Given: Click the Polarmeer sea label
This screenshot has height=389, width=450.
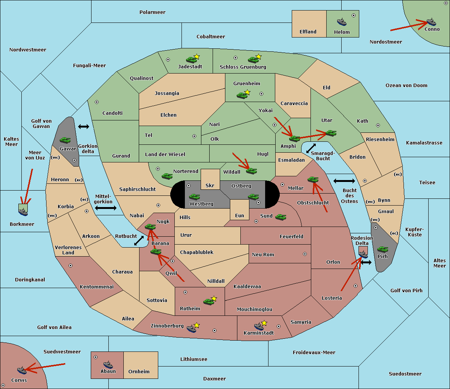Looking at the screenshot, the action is [x=152, y=12].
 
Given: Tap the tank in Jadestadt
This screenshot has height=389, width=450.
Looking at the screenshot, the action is [x=192, y=60].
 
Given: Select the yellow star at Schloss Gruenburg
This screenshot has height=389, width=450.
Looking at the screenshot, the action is [x=258, y=57].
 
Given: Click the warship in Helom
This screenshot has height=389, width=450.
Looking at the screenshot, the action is [x=342, y=22].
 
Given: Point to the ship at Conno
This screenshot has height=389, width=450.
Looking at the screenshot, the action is [x=431, y=22].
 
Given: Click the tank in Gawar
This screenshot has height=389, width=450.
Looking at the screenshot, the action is [x=65, y=140].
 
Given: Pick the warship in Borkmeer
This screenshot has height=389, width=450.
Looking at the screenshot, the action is [x=23, y=212].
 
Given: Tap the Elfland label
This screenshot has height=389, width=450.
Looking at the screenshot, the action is [x=308, y=32].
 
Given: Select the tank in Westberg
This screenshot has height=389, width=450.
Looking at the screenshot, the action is [x=194, y=197].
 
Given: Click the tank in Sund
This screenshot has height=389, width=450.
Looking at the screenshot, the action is [x=280, y=217].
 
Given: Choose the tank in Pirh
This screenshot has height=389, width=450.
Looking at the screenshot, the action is [x=382, y=249].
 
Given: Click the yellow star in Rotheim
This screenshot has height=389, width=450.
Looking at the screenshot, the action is [x=214, y=298].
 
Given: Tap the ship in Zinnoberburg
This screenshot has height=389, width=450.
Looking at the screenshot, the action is [x=191, y=329].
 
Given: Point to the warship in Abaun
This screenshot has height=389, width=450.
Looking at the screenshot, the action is [x=108, y=365].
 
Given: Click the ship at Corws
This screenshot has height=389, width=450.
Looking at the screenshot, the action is [x=22, y=370].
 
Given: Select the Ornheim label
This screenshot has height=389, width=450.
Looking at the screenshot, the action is [x=139, y=371].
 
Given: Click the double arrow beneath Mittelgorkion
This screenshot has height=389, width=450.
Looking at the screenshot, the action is [x=106, y=208].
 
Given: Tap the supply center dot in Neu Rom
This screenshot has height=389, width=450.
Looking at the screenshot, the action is [x=305, y=254].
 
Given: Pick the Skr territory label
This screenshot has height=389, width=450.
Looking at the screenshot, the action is [x=210, y=185].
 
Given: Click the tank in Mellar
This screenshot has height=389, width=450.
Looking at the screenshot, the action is [x=313, y=179].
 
